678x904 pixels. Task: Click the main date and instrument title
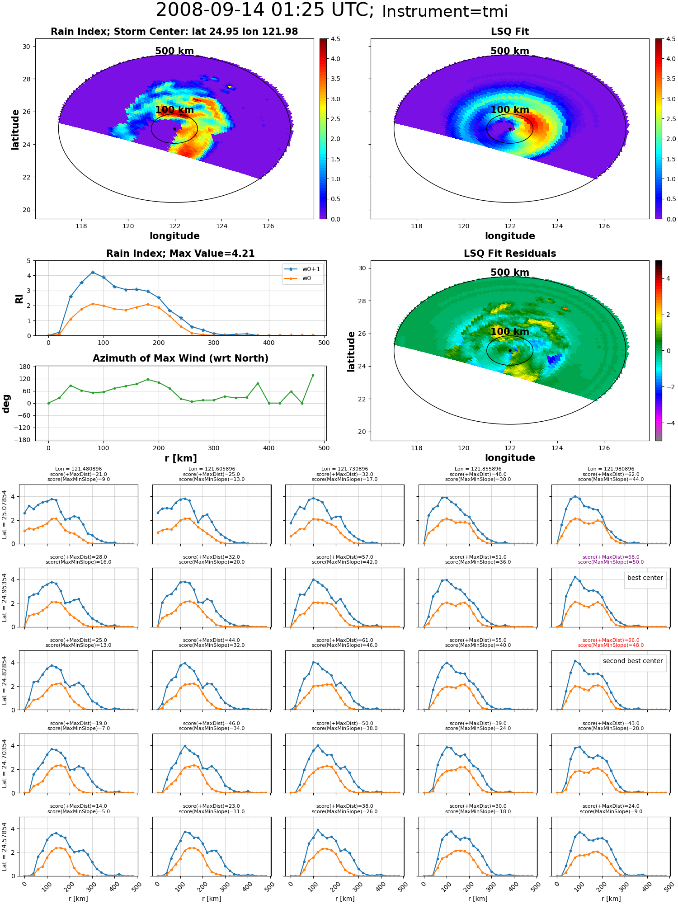tap(332, 10)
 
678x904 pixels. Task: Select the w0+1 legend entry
tap(303, 269)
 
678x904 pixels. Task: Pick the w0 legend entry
tap(298, 278)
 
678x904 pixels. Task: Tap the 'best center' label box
tap(645, 578)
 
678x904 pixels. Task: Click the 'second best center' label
tap(633, 661)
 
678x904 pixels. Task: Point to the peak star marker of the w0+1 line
tap(93, 273)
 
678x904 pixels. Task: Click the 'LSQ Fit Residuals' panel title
tap(510, 254)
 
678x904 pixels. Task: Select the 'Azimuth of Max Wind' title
tap(180, 358)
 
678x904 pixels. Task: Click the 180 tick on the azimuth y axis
tap(25, 367)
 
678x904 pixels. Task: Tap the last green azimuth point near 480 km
tap(313, 376)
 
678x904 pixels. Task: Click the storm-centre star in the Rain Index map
tap(174, 129)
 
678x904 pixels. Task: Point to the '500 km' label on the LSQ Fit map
tap(510, 51)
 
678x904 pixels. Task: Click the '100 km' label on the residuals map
tap(510, 332)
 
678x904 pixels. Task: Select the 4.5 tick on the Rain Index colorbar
tap(335, 39)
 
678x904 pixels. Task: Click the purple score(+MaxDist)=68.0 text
tap(611, 557)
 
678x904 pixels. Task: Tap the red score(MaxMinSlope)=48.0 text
tap(611, 645)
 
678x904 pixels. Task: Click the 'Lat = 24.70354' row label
tap(5, 763)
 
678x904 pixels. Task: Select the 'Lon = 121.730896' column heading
tap(344, 469)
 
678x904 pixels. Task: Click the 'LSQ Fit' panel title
tap(510, 32)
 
